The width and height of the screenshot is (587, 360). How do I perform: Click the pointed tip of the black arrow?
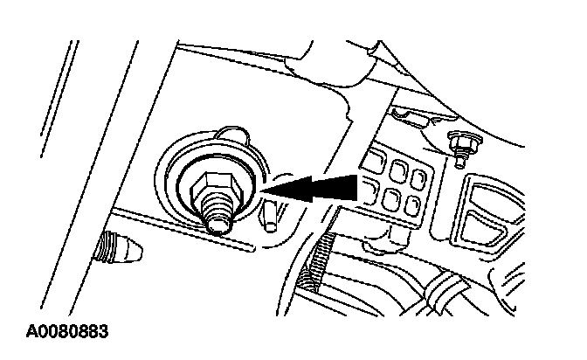264,190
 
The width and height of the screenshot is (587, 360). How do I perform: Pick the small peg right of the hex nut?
271,215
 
